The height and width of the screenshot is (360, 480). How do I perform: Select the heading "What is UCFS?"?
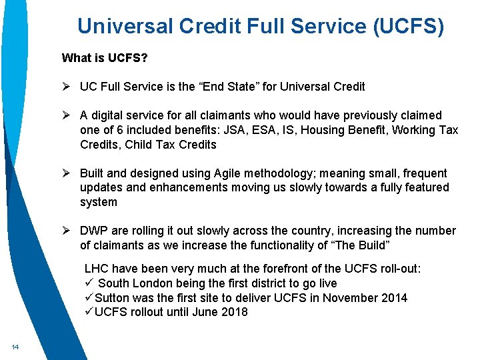coord(105,58)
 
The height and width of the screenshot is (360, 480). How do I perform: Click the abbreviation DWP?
coord(94,231)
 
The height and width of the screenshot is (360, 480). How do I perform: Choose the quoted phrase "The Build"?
coord(360,245)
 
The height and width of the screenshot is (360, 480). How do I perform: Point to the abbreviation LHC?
coord(97,269)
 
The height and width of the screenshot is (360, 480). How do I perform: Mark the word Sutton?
coord(112,298)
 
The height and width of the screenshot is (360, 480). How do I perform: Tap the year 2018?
coord(234,312)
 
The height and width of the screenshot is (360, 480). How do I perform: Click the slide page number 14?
coord(14,347)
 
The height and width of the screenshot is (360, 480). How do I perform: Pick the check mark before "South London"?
coord(89,283)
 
